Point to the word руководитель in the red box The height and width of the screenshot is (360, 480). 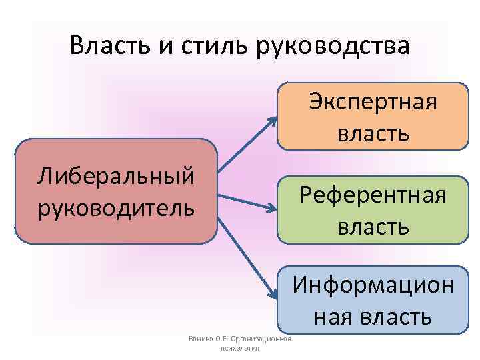click(x=117, y=207)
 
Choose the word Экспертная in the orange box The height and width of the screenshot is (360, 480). click(x=373, y=103)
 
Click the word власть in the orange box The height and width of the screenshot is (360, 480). click(x=373, y=133)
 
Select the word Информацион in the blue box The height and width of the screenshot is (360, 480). click(x=373, y=285)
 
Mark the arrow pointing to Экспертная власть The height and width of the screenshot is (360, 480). click(x=247, y=144)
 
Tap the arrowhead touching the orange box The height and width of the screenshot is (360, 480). click(x=273, y=121)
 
